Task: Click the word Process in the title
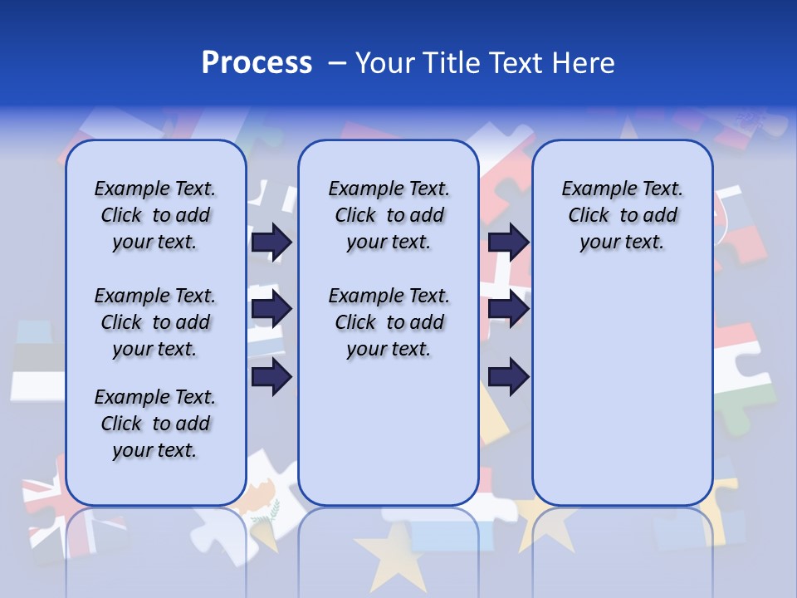click(257, 63)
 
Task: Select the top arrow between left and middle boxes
click(271, 242)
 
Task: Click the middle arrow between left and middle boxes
click(271, 310)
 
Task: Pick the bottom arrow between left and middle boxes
click(271, 377)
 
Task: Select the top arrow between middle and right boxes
click(508, 242)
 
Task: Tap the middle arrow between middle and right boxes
click(508, 310)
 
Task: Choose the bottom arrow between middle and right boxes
click(508, 377)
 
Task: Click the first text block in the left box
click(155, 215)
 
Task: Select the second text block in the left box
click(155, 322)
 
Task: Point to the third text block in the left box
click(155, 424)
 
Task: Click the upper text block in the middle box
click(389, 215)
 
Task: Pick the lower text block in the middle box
click(389, 322)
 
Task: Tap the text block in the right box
click(622, 215)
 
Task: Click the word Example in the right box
click(593, 189)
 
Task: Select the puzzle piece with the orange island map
click(266, 498)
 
